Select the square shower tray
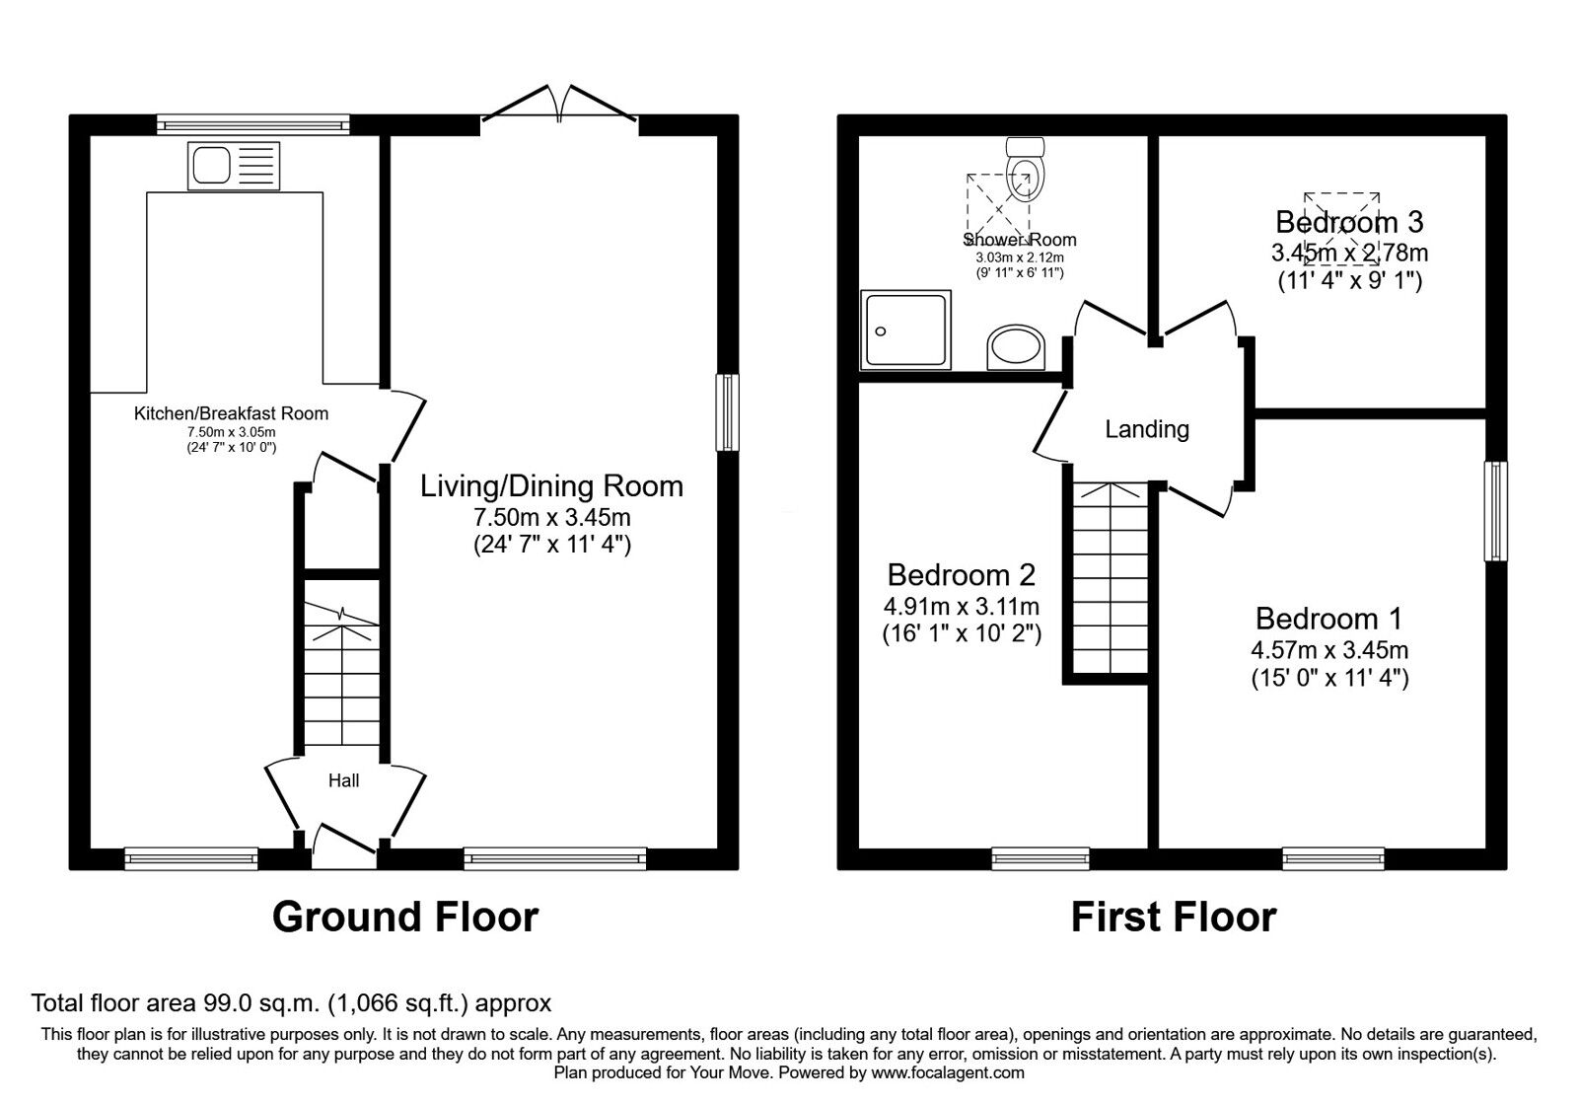pos(905,330)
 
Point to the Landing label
pos(1146,429)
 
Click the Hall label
pos(343,780)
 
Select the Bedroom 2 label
pos(961,574)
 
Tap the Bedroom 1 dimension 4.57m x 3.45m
pos(1328,650)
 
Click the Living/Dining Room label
pos(551,485)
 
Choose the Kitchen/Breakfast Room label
pos(231,413)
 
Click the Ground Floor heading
pos(404,917)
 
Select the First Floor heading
pos(1173,917)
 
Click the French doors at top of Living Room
pos(560,105)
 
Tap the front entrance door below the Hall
pos(344,847)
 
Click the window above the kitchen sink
pos(253,124)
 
